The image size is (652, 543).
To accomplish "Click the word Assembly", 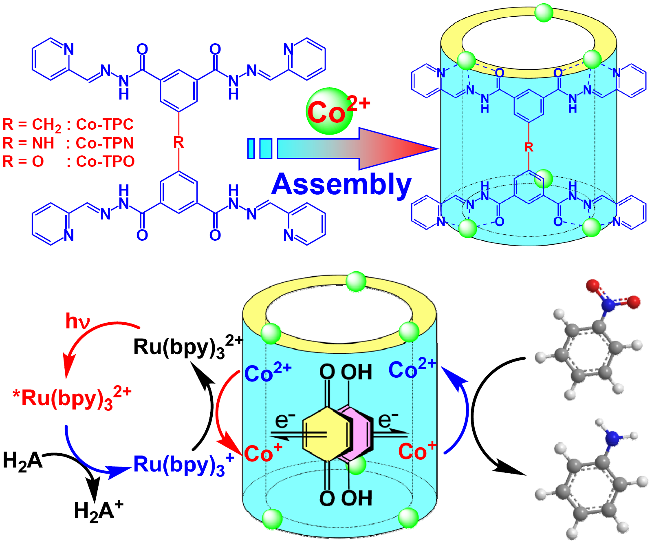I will click(x=341, y=184).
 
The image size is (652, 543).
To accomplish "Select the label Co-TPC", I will click(x=105, y=124).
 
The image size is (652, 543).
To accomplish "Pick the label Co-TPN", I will click(x=105, y=143).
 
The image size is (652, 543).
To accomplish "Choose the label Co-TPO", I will click(x=105, y=162).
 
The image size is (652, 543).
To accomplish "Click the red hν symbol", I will click(x=77, y=321).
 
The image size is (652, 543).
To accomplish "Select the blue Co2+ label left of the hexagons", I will click(x=268, y=372).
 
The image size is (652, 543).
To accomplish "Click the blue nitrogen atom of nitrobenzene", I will click(x=608, y=304).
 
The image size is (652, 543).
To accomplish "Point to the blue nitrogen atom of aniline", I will click(x=612, y=438).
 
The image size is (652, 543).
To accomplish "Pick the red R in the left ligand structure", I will click(x=178, y=143).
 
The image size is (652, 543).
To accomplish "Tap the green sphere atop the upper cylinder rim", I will click(x=544, y=13).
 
